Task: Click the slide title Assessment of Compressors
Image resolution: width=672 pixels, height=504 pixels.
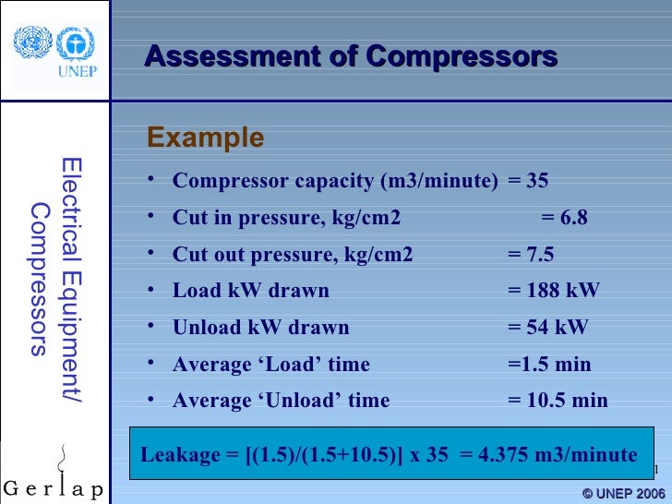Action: point(351,57)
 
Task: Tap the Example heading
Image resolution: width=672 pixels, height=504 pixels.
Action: point(205,138)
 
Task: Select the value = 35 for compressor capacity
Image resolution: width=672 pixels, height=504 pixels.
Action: point(528,181)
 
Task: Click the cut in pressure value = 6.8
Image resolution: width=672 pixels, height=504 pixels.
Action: point(564,218)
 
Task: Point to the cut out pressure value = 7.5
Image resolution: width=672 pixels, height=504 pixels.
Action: point(532,255)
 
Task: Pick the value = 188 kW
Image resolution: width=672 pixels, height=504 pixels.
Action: point(554,291)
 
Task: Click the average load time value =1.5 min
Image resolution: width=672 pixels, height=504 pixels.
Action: point(549,365)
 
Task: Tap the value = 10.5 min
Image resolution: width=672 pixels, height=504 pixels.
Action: point(558,401)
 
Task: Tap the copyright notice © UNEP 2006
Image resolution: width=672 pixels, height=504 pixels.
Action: point(623,493)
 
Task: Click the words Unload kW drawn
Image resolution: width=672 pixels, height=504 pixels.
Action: point(261,328)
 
